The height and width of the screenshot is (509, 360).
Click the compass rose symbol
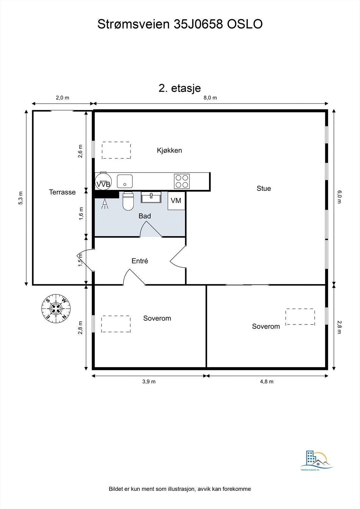pyautogui.click(x=56, y=309)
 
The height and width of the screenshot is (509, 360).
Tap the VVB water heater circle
pyautogui.click(x=103, y=181)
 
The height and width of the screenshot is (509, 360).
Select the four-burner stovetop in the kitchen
pyautogui.click(x=182, y=181)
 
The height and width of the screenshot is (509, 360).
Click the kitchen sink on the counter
pyautogui.click(x=125, y=181)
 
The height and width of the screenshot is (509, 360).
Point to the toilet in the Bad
pyautogui.click(x=128, y=201)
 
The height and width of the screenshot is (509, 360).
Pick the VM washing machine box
pyautogui.click(x=176, y=201)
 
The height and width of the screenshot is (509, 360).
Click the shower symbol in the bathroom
pyautogui.click(x=105, y=204)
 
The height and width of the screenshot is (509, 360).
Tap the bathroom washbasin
pyautogui.click(x=151, y=197)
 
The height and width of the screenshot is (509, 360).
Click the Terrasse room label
pyautogui.click(x=62, y=192)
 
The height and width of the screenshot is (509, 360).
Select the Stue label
pyautogui.click(x=264, y=188)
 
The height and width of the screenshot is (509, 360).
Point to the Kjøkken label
pyautogui.click(x=169, y=150)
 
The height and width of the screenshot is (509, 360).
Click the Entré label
pyautogui.click(x=140, y=261)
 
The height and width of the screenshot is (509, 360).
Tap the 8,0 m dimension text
pyautogui.click(x=210, y=98)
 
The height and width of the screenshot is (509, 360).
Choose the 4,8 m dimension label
pyautogui.click(x=267, y=381)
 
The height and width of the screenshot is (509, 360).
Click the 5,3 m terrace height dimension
pyautogui.click(x=21, y=198)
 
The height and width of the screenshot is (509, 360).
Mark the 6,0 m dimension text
pyautogui.click(x=339, y=197)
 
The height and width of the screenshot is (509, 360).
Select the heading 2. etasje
pyautogui.click(x=180, y=88)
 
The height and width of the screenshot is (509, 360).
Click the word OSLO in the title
pyautogui.click(x=245, y=24)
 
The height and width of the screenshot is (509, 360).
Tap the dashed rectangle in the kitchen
pyautogui.click(x=116, y=150)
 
